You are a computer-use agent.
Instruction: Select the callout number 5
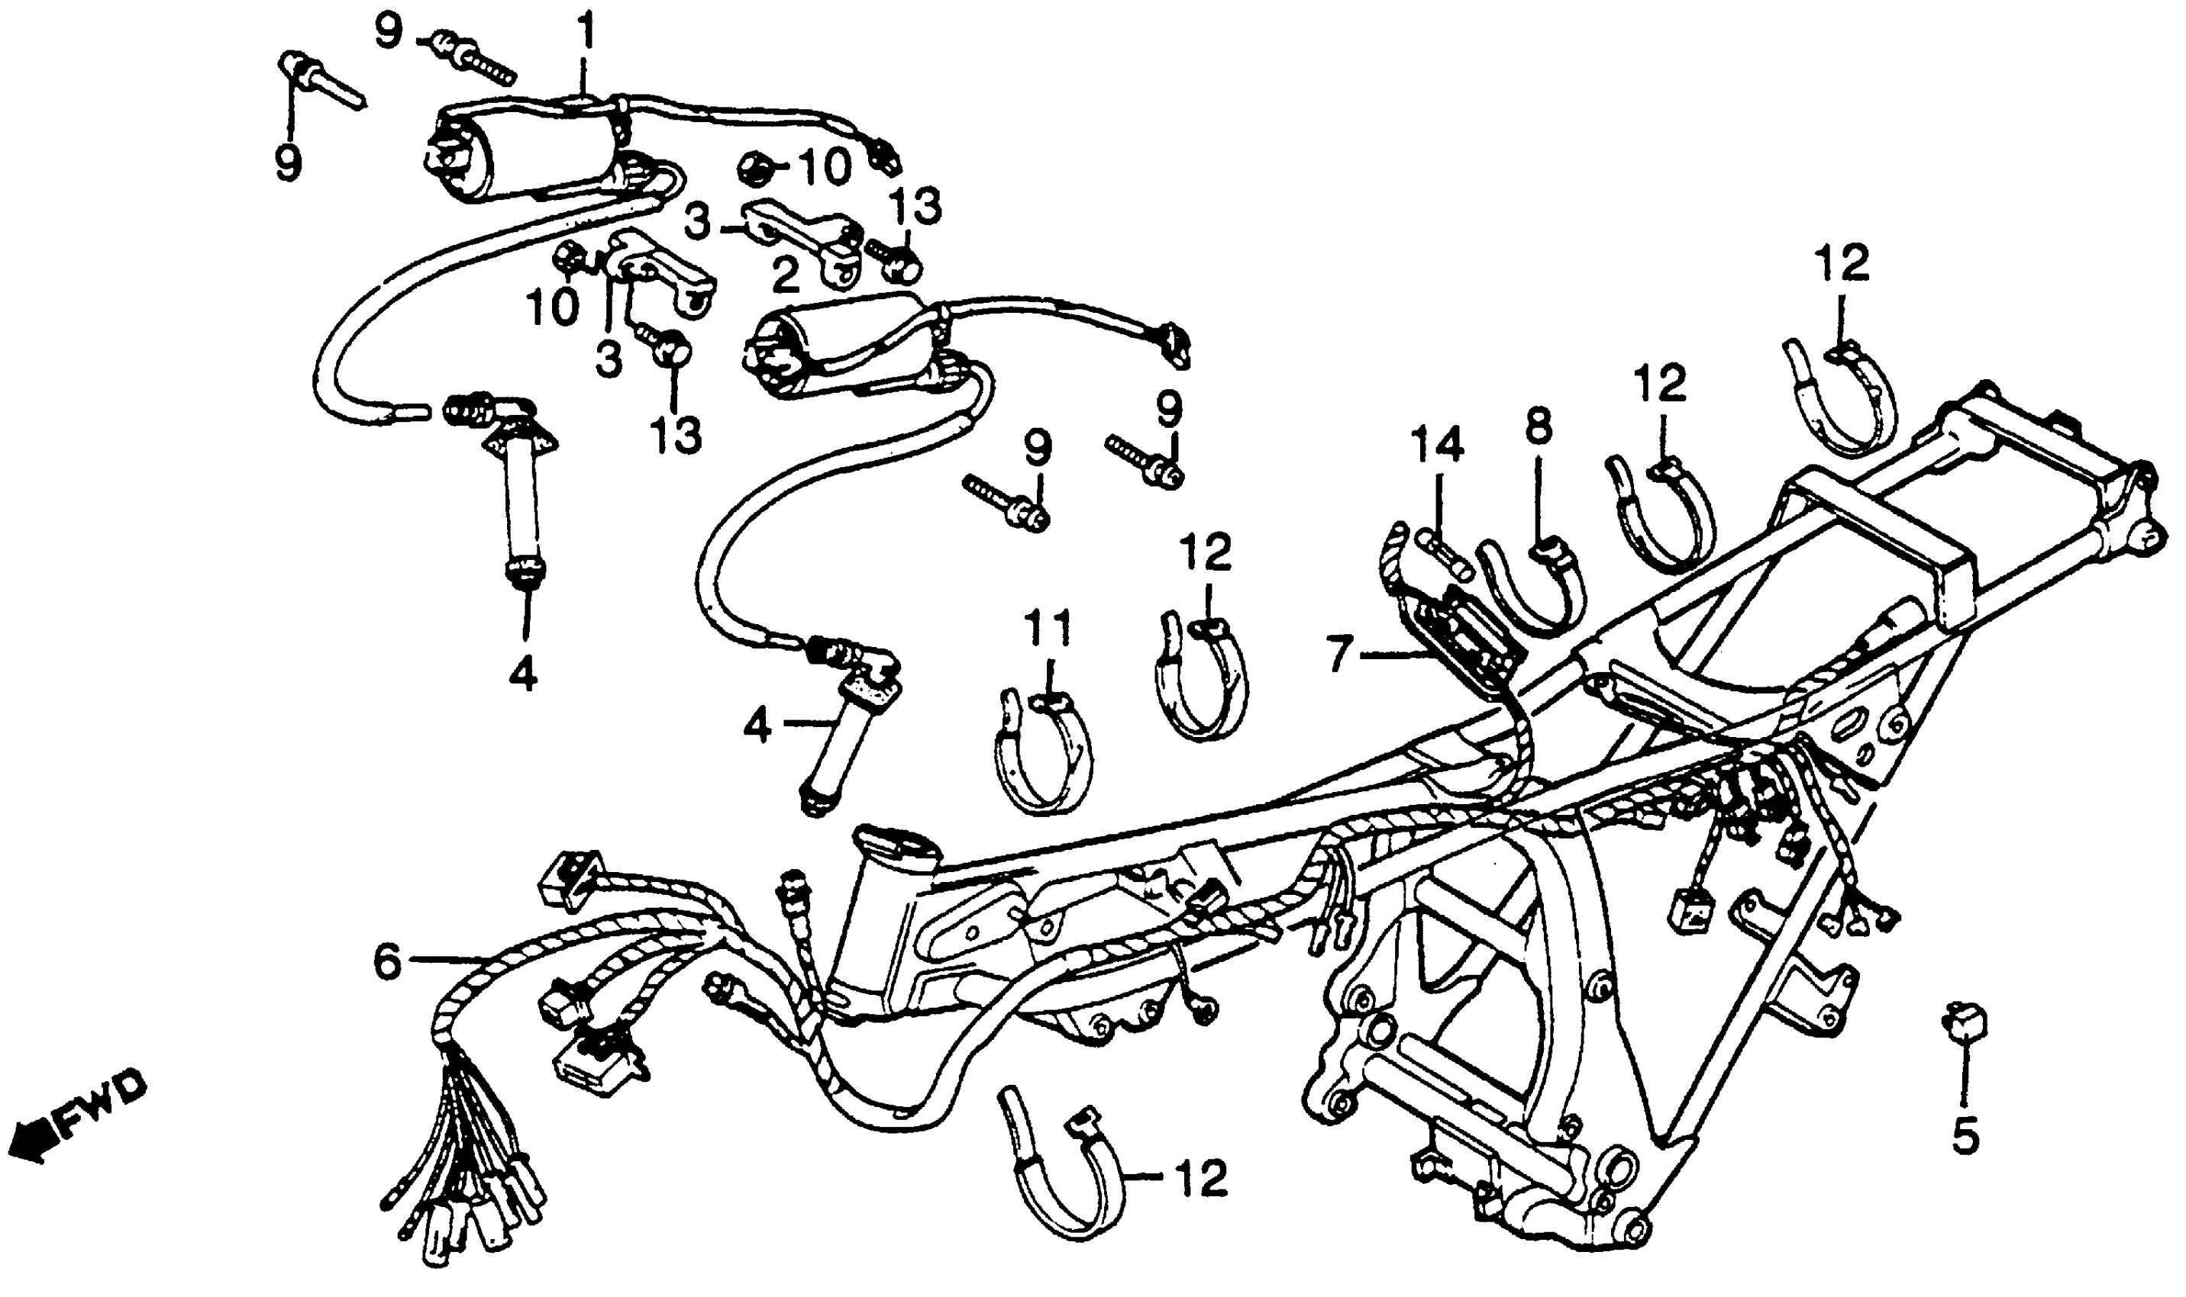1965,1134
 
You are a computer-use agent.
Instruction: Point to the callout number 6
387,963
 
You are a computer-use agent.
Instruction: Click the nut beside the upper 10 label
753,166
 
